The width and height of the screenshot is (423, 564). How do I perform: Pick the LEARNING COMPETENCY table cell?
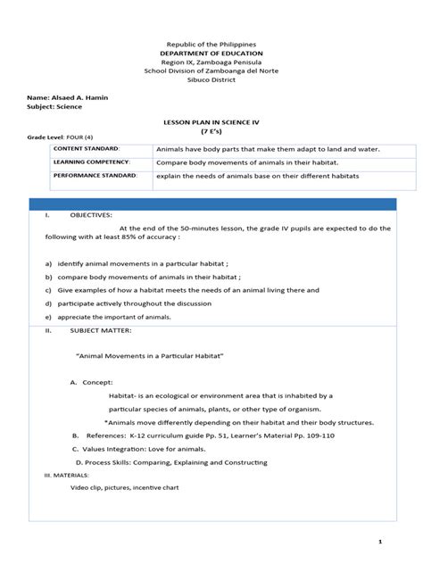pyautogui.click(x=91, y=162)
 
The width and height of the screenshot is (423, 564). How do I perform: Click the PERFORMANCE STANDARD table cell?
pyautogui.click(x=95, y=177)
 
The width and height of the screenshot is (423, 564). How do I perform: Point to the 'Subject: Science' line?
pyautogui.click(x=55, y=106)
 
